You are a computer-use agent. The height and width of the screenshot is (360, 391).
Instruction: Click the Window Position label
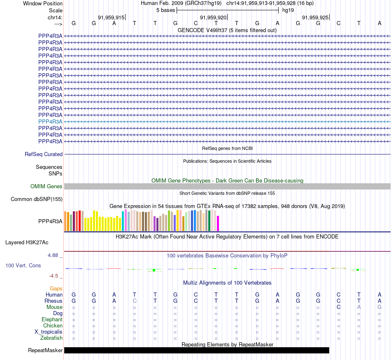[43, 3]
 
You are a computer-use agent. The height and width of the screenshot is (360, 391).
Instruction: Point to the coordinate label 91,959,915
[111, 18]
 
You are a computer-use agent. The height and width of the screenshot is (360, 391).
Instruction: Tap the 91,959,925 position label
[315, 18]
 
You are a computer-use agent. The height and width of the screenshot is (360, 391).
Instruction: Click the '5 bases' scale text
[165, 10]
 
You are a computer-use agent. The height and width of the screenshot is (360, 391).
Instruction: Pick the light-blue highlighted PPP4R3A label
[50, 122]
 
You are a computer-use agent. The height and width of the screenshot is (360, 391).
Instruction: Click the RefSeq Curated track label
[44, 154]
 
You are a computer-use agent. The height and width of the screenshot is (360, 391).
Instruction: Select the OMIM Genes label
[47, 187]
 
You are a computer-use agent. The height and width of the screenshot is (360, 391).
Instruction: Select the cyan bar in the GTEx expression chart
[123, 221]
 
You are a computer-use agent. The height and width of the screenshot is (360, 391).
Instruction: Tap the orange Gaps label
[56, 289]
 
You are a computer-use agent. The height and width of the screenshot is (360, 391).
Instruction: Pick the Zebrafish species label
[51, 338]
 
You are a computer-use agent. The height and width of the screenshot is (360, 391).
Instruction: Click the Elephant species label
[52, 320]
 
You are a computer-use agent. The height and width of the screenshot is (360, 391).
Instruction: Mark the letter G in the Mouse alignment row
[379, 307]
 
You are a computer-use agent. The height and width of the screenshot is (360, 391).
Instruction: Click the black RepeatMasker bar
[197, 351]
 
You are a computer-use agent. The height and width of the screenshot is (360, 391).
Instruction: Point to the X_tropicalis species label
[49, 332]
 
